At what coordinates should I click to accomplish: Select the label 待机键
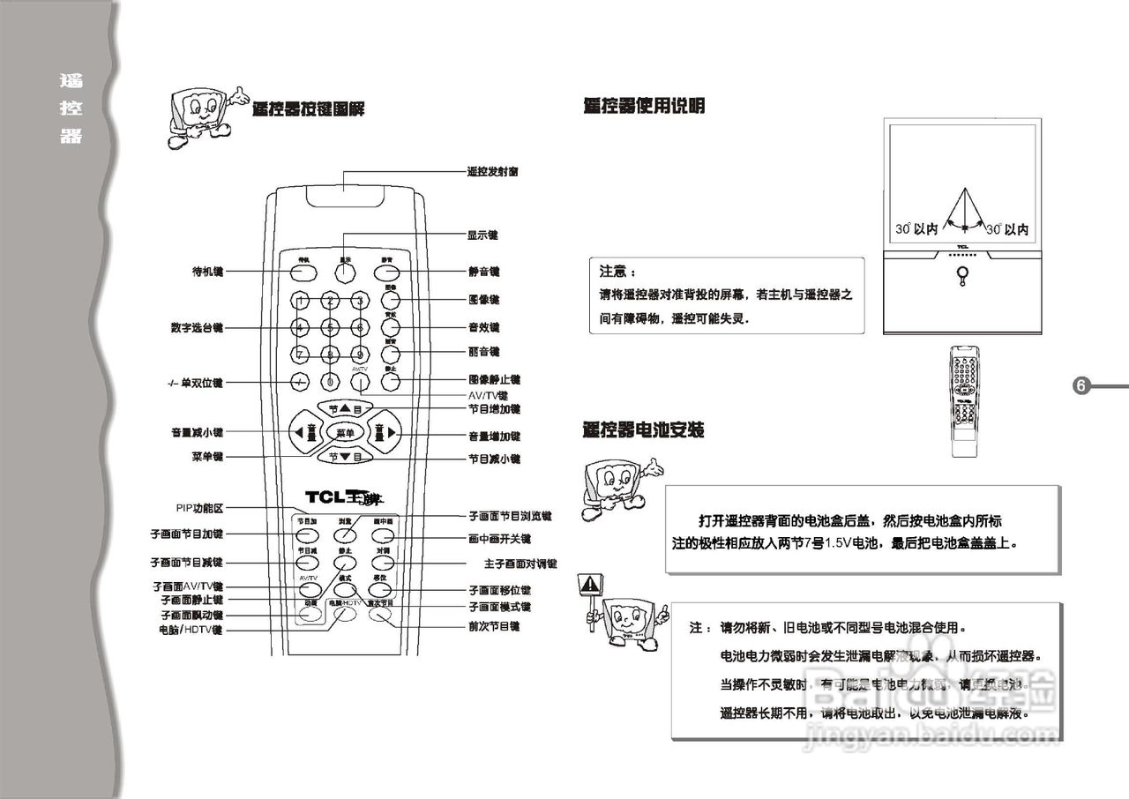(x=208, y=272)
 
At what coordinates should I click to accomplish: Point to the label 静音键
(x=483, y=272)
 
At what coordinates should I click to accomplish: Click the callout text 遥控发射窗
(x=492, y=171)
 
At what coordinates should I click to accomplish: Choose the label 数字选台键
(x=197, y=327)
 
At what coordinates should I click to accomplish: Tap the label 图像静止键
(x=494, y=379)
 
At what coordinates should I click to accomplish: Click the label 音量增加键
(x=494, y=436)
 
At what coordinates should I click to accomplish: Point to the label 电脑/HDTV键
(x=190, y=631)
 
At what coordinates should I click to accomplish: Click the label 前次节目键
(x=494, y=626)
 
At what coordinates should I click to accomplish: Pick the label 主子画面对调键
(x=514, y=563)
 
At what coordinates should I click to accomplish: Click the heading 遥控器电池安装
(x=643, y=430)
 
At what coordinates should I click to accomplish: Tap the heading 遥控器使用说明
(x=644, y=107)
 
